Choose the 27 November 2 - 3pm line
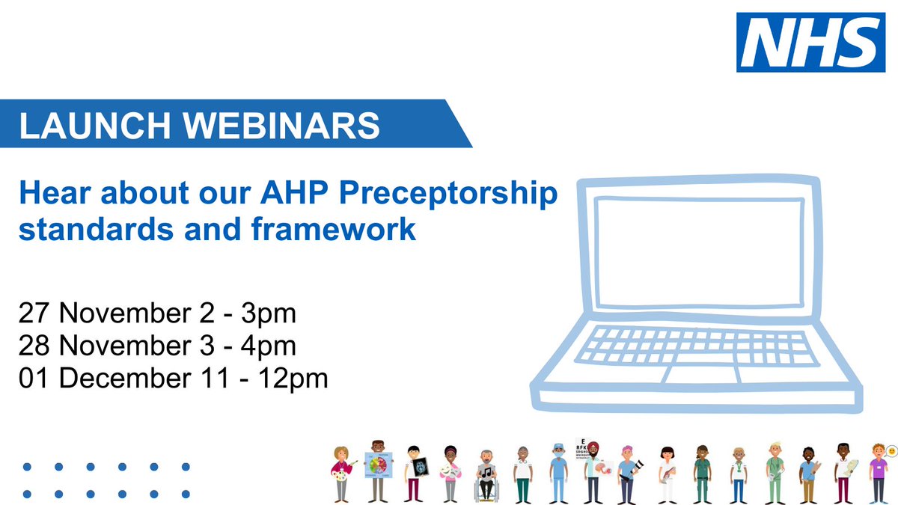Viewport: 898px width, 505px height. tap(158, 313)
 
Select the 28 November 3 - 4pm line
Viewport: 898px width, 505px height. tap(158, 346)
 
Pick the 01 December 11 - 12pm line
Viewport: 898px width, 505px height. tap(174, 379)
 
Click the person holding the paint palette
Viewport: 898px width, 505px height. tap(342, 473)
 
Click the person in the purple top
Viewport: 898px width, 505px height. tap(878, 473)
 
